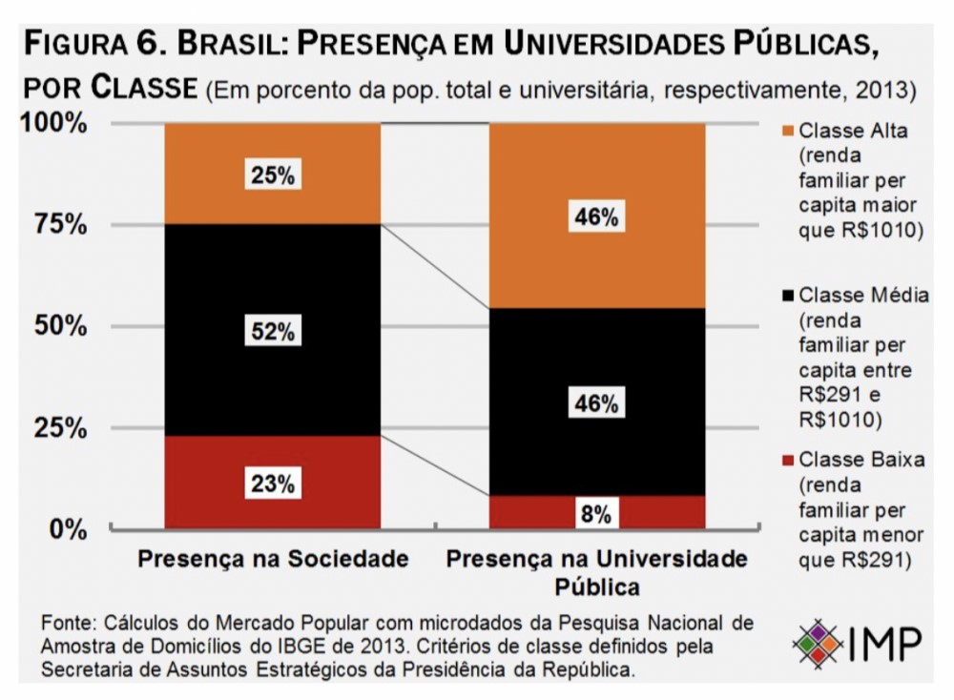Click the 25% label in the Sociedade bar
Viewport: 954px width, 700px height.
[273, 176]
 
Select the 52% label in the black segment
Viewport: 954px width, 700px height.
[273, 332]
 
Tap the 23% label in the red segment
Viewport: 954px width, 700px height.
[273, 484]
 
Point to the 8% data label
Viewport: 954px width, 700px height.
[596, 515]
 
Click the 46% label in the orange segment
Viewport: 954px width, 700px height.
[596, 216]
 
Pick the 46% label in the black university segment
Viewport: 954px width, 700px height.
[596, 404]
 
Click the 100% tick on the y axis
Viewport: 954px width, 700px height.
[54, 124]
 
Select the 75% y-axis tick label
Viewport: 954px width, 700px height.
[61, 225]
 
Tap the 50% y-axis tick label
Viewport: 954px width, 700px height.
[61, 326]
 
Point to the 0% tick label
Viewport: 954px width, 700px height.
[68, 528]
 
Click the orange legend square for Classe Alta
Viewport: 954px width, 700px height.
[788, 131]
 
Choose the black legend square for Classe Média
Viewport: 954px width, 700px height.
[788, 296]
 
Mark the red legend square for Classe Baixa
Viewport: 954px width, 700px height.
[788, 460]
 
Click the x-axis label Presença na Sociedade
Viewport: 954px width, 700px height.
[273, 558]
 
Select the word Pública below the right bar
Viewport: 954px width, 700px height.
[596, 584]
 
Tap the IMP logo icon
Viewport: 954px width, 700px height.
[817, 645]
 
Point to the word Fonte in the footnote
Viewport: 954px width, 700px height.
[65, 623]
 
